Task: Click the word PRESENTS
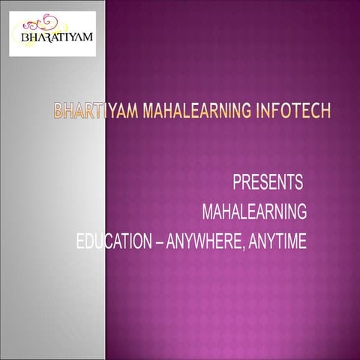[268, 181]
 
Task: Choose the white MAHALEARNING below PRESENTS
[254, 212]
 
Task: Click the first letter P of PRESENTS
[237, 181]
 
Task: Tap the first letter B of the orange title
[58, 113]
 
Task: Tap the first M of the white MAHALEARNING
[208, 212]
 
